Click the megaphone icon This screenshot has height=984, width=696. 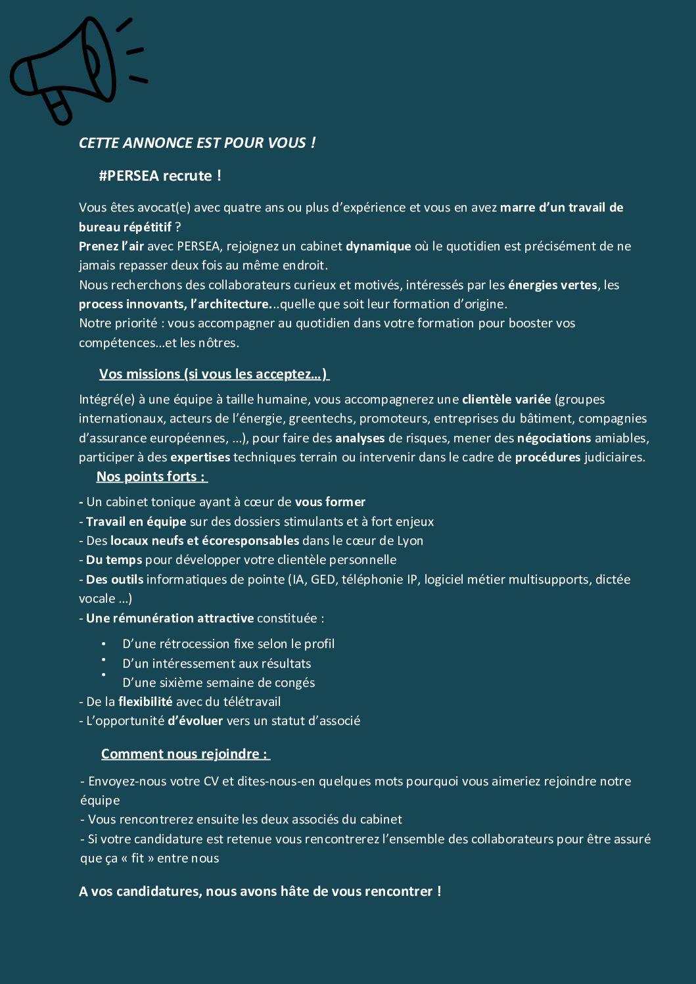(72, 66)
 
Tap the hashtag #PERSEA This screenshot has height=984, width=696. (129, 176)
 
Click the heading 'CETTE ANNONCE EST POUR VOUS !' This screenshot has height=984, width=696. (197, 143)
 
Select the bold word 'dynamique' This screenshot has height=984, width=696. (379, 246)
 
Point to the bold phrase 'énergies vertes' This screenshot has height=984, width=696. (552, 285)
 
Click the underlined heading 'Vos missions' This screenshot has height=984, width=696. (139, 375)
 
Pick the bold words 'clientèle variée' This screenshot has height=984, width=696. (506, 400)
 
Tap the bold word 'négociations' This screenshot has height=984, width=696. (554, 438)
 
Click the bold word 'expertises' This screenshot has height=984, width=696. (200, 457)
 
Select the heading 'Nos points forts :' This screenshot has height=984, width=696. (151, 477)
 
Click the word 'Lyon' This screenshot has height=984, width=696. (410, 541)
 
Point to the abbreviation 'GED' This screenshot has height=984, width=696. (323, 580)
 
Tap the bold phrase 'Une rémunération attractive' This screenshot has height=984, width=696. (170, 619)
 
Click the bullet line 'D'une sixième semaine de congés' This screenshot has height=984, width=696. (218, 683)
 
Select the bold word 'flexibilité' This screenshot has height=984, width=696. (145, 702)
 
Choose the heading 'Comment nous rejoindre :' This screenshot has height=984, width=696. (184, 755)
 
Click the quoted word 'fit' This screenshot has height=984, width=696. (137, 858)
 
